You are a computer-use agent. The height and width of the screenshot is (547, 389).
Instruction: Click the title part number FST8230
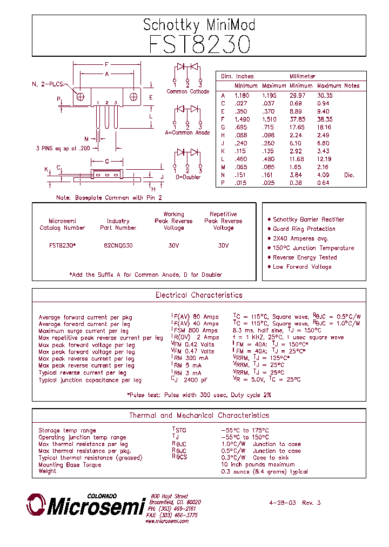[199, 44]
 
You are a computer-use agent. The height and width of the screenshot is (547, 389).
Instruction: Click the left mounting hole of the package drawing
[81, 97]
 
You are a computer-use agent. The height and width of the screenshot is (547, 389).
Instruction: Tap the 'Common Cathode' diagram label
[187, 91]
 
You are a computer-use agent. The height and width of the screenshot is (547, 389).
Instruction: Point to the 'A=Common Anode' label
[187, 133]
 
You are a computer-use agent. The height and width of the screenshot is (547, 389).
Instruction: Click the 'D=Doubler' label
[187, 177]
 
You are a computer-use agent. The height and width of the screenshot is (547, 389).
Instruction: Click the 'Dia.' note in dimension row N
[350, 175]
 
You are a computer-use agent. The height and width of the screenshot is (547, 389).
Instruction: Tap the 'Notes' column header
[352, 86]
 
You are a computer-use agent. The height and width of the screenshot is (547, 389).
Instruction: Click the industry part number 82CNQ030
[118, 245]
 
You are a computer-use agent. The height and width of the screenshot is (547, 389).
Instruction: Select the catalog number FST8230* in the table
[62, 245]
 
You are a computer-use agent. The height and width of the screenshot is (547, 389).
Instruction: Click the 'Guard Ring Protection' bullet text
[304, 229]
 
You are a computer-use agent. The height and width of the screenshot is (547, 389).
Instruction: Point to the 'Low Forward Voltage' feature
[302, 267]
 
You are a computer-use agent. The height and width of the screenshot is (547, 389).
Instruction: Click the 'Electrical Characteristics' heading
[199, 296]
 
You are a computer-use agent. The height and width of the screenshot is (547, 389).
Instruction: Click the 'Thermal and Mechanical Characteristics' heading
[199, 416]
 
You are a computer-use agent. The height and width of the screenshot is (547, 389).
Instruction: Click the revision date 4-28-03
[282, 503]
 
